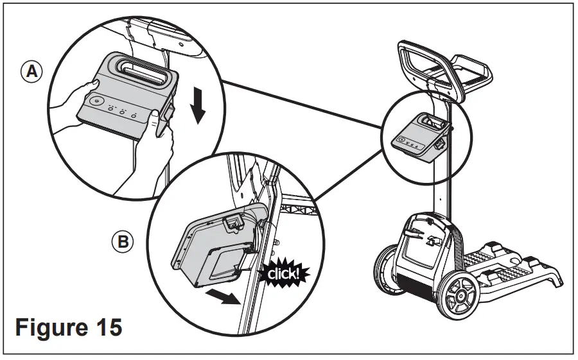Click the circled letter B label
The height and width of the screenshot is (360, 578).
click(122, 242)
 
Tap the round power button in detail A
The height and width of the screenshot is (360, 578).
click(97, 100)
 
